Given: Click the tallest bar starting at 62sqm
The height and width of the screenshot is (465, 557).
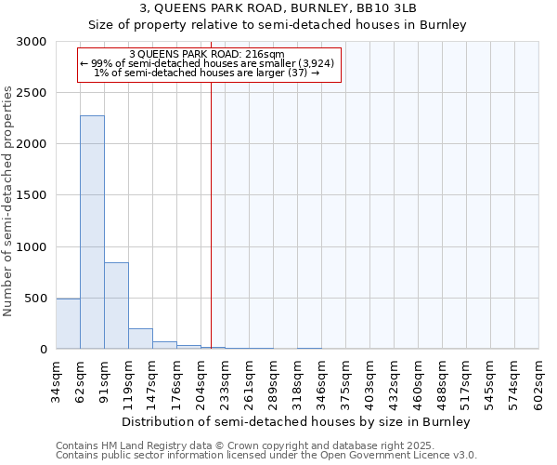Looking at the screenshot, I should (x=92, y=232).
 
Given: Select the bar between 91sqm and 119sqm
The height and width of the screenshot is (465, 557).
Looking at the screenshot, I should (x=116, y=306).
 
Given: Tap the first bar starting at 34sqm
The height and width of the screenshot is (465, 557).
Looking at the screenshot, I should (x=68, y=324).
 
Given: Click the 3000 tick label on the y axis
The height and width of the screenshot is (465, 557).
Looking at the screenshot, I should (x=31, y=42).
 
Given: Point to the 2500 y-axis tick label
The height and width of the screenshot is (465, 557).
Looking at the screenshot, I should (x=31, y=93).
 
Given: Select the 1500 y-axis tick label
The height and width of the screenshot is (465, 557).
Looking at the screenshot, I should (x=31, y=195).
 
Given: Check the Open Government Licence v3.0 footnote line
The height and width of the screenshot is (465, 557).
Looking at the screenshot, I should (x=266, y=456).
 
